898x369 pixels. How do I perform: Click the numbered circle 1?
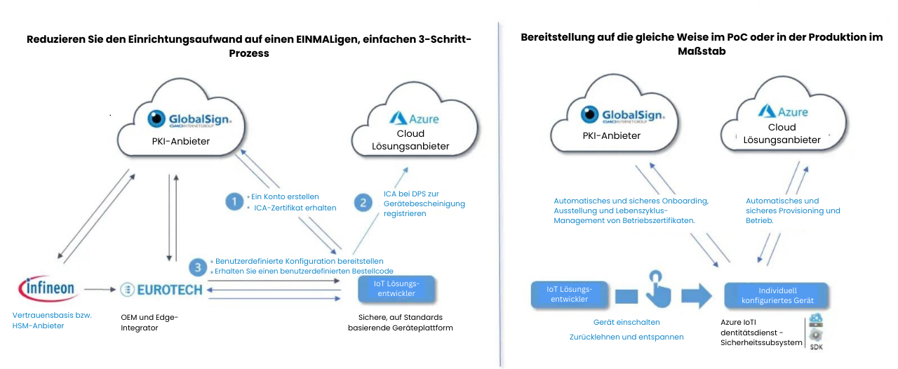(234, 202)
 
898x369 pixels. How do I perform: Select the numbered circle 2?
(363, 203)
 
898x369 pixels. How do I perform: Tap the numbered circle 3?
(199, 267)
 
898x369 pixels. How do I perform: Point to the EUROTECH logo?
(161, 288)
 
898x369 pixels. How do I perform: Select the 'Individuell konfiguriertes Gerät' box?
(777, 295)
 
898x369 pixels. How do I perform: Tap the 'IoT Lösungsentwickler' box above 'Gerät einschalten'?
(569, 294)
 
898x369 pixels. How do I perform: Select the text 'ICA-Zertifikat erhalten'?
(295, 208)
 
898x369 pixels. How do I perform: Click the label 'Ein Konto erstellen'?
(284, 196)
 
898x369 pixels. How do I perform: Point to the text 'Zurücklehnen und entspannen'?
(626, 337)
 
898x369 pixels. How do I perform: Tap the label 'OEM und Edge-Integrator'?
(149, 322)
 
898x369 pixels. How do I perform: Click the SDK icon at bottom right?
(816, 332)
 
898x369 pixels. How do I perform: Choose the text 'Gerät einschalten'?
(626, 322)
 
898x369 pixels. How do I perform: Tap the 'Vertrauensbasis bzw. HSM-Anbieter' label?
(52, 320)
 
